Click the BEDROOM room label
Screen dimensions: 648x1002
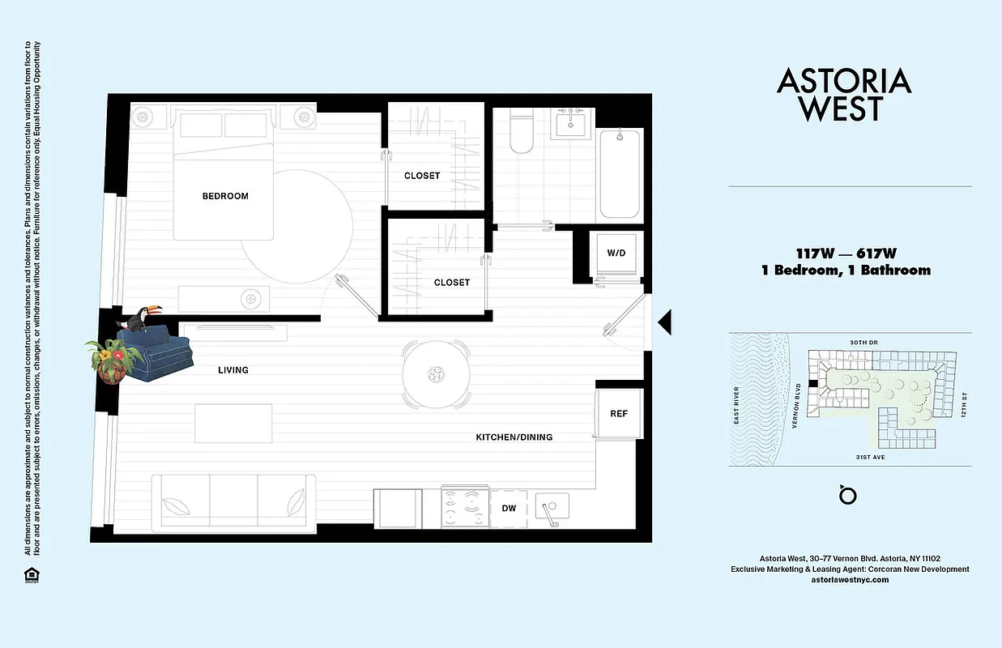(x=225, y=196)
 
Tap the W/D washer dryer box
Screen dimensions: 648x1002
(x=616, y=254)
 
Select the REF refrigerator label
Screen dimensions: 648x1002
(x=619, y=414)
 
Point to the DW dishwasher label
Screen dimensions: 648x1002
(x=509, y=509)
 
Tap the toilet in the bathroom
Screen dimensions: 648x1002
(x=521, y=132)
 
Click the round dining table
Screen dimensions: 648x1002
(x=437, y=373)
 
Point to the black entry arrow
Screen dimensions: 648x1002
(x=664, y=322)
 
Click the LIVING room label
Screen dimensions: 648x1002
(x=233, y=370)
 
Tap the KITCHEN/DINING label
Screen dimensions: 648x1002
(x=514, y=437)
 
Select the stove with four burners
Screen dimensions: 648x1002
(x=465, y=508)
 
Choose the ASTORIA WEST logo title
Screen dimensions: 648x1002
(x=844, y=94)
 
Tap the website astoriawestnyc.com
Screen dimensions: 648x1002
(x=850, y=580)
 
